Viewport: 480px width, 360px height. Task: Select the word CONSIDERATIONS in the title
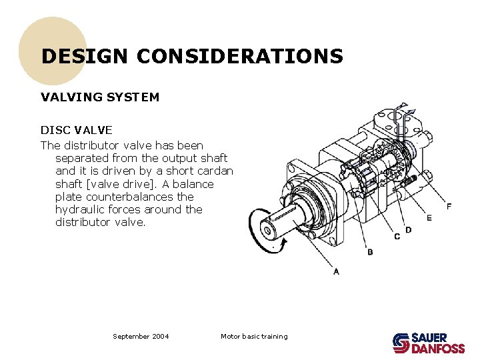pyautogui.click(x=240, y=56)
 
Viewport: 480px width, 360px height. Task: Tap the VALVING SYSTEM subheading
pyautogui.click(x=100, y=97)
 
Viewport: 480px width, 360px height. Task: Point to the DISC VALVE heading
pyautogui.click(x=77, y=130)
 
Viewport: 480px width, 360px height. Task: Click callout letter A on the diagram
pyautogui.click(x=336, y=271)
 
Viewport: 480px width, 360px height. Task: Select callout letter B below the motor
pyautogui.click(x=369, y=252)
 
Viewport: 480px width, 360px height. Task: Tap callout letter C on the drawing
pyautogui.click(x=397, y=237)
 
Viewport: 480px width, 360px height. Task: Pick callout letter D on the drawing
pyautogui.click(x=408, y=229)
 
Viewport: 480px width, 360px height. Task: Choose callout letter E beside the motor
pyautogui.click(x=429, y=218)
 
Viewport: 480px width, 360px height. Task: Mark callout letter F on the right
pyautogui.click(x=449, y=206)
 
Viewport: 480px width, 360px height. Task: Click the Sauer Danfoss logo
pyautogui.click(x=428, y=343)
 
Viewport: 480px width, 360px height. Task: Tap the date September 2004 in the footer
pyautogui.click(x=141, y=337)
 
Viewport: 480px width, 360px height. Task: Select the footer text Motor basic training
pyautogui.click(x=254, y=337)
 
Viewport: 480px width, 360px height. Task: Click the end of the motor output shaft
pyautogui.click(x=269, y=230)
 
